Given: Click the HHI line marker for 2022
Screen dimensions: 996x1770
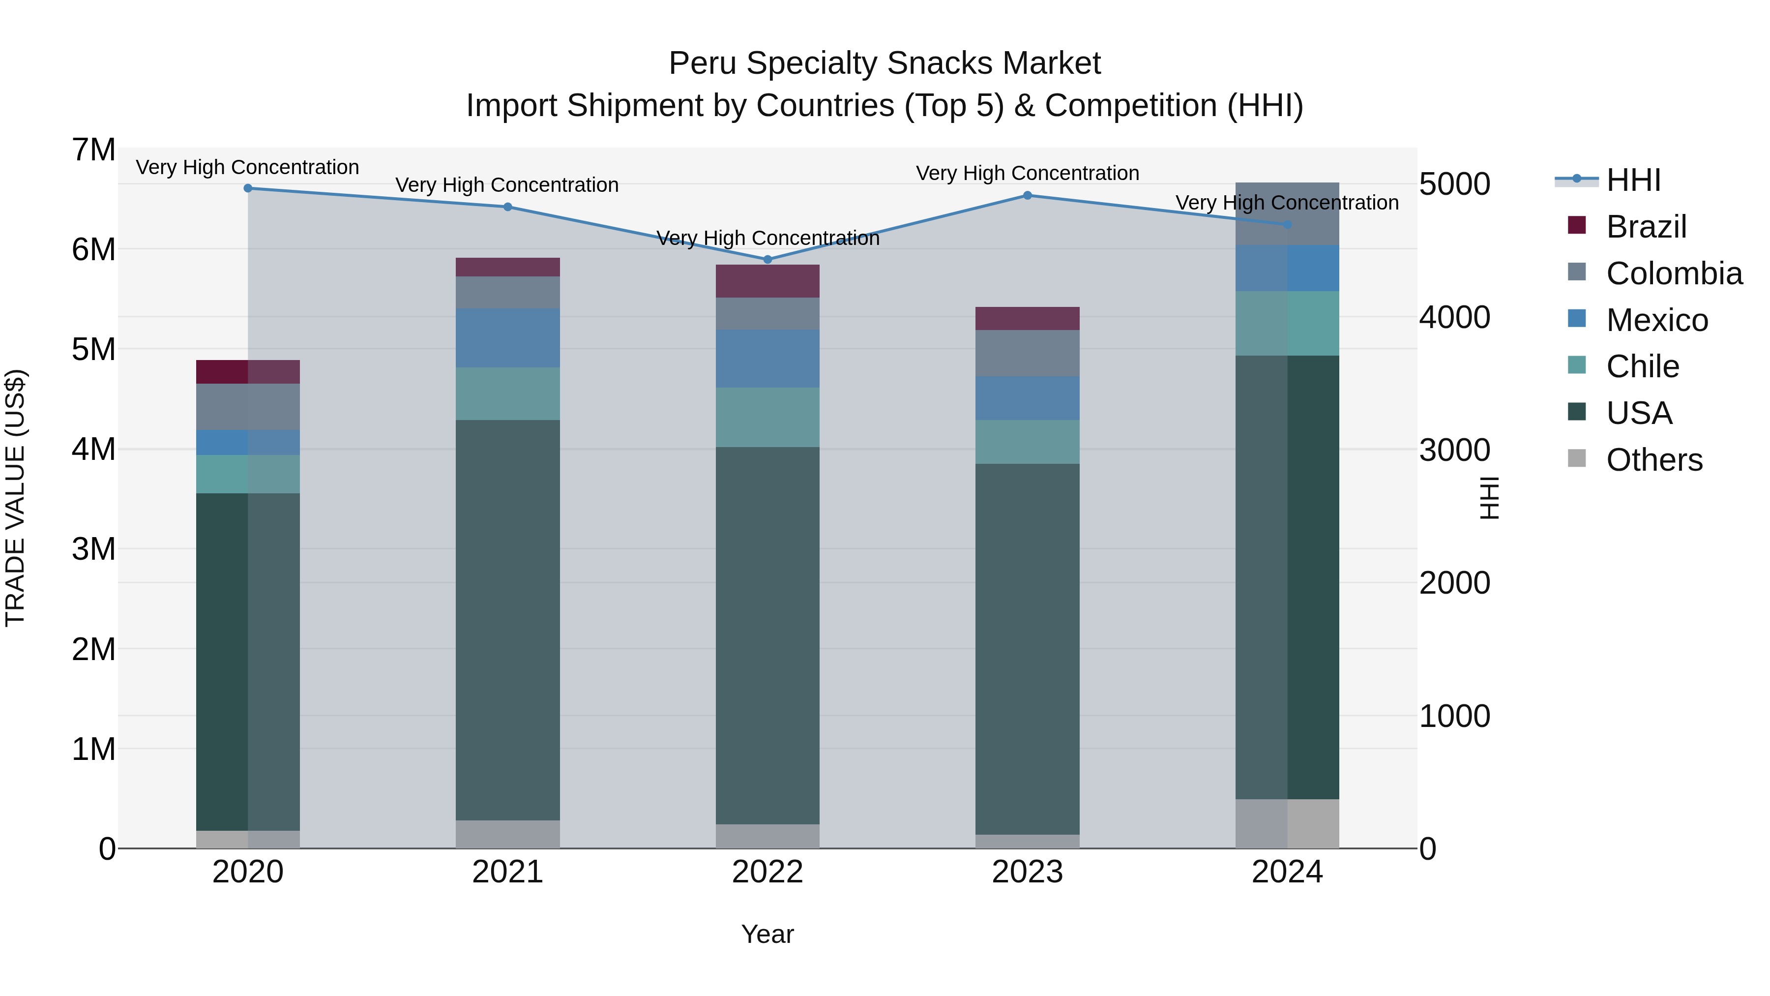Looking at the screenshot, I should [767, 259].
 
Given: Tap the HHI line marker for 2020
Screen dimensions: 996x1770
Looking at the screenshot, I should [248, 188].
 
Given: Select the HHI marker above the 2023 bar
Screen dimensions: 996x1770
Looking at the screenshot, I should [1027, 195].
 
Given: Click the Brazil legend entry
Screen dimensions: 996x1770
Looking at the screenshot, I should [1646, 227].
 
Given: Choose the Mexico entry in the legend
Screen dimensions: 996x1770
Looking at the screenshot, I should [1656, 320].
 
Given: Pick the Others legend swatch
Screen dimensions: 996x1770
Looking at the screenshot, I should [1577, 458].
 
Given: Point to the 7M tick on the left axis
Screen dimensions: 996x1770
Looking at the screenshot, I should [94, 150].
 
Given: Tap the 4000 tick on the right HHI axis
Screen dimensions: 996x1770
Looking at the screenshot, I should [1455, 318].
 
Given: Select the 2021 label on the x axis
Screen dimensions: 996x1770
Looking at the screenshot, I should [508, 872].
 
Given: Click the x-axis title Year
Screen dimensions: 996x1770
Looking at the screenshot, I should [767, 934].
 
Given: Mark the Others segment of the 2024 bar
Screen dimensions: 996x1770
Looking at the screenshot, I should [1287, 823].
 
